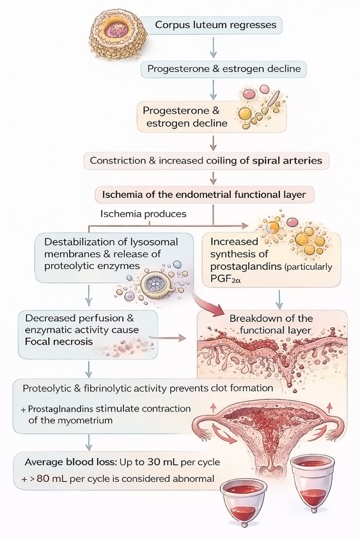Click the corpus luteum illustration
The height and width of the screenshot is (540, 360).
point(116,33)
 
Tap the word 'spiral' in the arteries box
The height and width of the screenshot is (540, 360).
point(267,160)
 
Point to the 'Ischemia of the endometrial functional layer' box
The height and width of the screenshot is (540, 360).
point(203,195)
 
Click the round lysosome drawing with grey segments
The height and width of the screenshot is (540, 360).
point(158,283)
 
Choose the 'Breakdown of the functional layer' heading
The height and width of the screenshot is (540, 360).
point(271,324)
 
